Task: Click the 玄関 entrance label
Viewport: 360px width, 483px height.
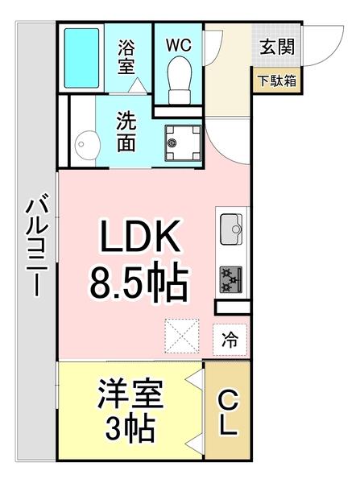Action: click(x=276, y=47)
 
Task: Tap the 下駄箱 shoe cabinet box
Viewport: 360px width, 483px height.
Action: click(x=276, y=81)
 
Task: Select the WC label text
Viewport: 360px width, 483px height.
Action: click(x=180, y=44)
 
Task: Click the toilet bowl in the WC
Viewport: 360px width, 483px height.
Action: click(x=180, y=80)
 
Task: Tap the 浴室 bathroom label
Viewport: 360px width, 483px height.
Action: click(x=126, y=56)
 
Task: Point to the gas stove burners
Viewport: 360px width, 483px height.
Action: click(x=232, y=279)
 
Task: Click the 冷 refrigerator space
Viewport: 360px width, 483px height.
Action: click(x=230, y=340)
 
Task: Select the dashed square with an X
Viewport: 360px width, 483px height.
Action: click(x=181, y=336)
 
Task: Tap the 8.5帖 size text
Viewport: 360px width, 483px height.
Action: click(x=137, y=283)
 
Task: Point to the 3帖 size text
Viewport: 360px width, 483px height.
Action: click(x=131, y=429)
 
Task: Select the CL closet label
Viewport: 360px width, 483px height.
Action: click(x=229, y=412)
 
